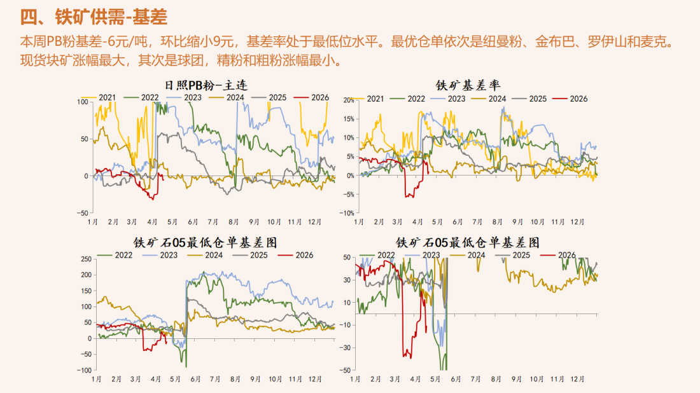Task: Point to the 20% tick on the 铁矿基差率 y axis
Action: click(x=347, y=100)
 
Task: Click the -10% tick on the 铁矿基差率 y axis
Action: click(x=347, y=213)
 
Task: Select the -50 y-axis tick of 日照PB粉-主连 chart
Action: click(x=83, y=213)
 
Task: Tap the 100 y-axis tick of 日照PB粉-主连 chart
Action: click(x=83, y=101)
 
